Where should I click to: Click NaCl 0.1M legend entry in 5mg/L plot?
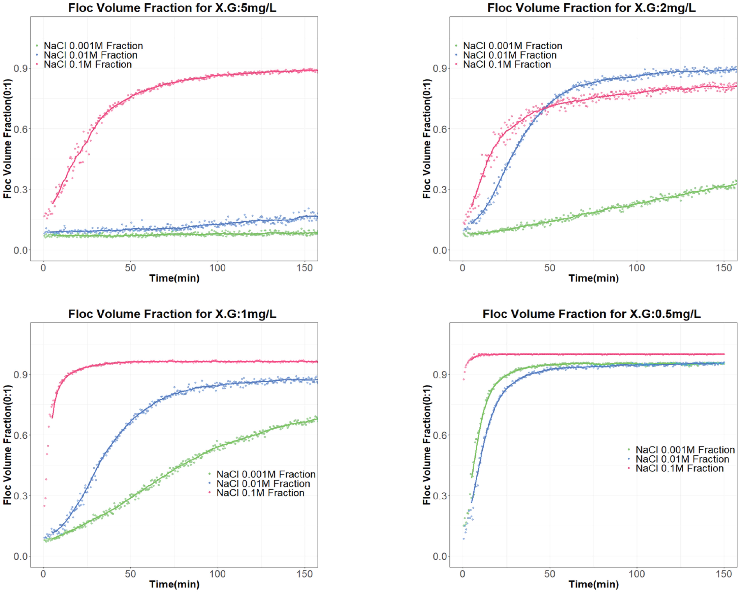click(x=88, y=64)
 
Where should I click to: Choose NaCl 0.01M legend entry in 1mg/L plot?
click(x=263, y=484)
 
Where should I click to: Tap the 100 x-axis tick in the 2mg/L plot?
click(x=637, y=268)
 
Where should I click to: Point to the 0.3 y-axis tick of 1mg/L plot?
click(x=21, y=496)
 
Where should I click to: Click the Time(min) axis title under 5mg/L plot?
click(x=174, y=278)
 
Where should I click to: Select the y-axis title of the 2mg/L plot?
click(x=427, y=139)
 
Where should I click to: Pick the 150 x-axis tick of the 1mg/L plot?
click(x=304, y=574)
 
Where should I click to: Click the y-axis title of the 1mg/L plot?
click(x=8, y=445)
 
